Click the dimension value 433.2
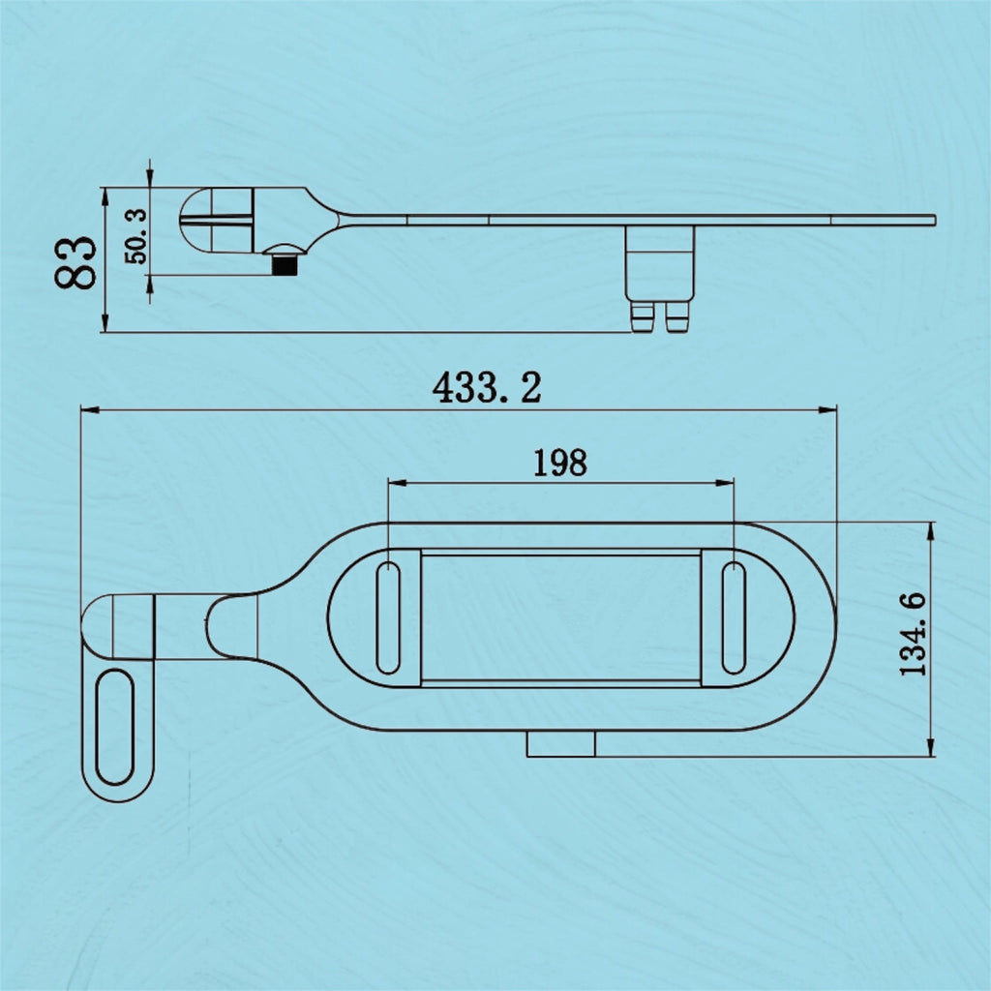point(487,388)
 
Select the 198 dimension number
point(560,463)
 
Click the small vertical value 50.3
point(135,236)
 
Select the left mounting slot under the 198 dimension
point(388,616)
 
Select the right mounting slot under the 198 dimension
point(734,616)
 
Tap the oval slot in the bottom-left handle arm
point(117,726)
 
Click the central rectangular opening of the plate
point(561,616)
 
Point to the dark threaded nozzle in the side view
point(284,263)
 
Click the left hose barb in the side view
point(643,315)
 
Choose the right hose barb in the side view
point(676,315)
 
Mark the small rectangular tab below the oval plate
point(560,743)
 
